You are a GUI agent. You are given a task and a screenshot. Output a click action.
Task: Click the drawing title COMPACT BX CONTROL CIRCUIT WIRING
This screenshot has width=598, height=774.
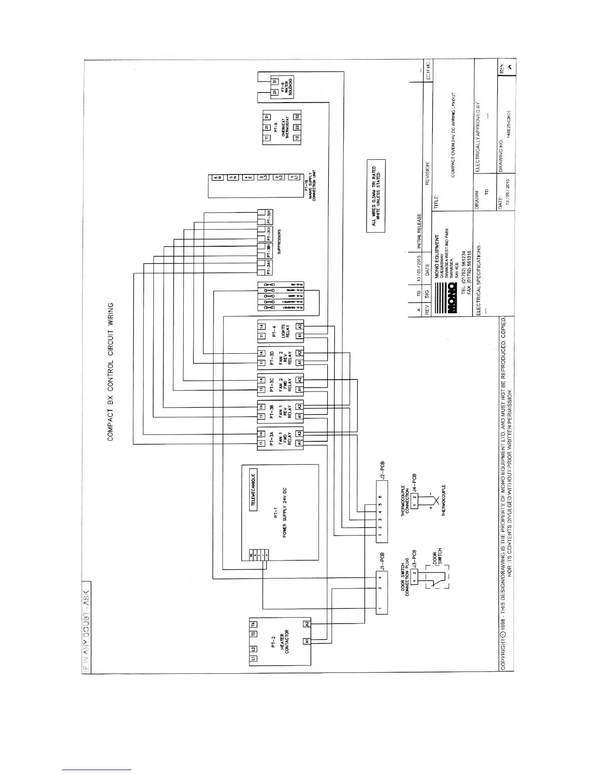point(110,371)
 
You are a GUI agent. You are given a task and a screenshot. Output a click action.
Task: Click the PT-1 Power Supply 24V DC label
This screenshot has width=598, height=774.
point(279,519)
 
